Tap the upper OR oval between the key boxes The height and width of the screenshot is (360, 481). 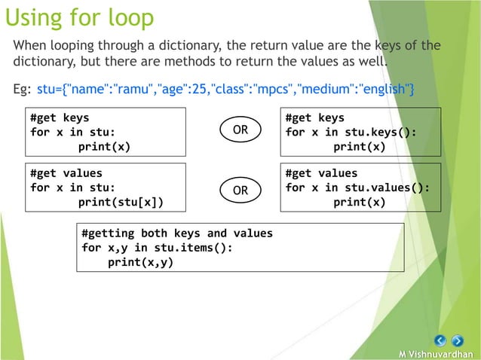pos(240,130)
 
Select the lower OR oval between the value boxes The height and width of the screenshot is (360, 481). pos(240,190)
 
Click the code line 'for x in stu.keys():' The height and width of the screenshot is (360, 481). pos(351,132)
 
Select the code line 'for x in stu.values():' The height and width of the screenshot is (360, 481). pos(357,188)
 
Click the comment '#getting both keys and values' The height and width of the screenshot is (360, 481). pos(176,233)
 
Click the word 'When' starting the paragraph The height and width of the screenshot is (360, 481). pos(30,45)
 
